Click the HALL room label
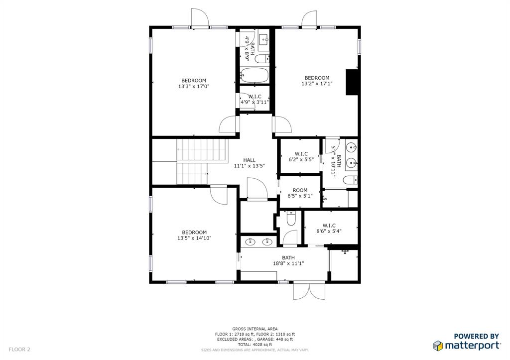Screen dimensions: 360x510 tap(249, 160)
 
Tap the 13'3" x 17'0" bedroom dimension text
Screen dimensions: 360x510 tap(193, 86)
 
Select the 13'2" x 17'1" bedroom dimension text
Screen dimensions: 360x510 tap(317, 84)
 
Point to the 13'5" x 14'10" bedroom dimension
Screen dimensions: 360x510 tap(194, 238)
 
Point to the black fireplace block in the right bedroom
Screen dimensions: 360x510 tap(352, 81)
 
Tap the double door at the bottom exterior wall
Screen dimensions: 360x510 tap(309, 291)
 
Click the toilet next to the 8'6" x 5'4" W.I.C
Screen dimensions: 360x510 tap(291, 217)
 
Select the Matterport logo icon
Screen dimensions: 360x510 tap(438, 345)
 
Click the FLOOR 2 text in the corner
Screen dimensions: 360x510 tap(19, 350)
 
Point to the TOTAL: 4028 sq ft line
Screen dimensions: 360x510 tap(255, 345)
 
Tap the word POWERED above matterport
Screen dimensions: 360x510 tap(464, 336)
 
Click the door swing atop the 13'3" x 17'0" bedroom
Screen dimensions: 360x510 tap(200, 18)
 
